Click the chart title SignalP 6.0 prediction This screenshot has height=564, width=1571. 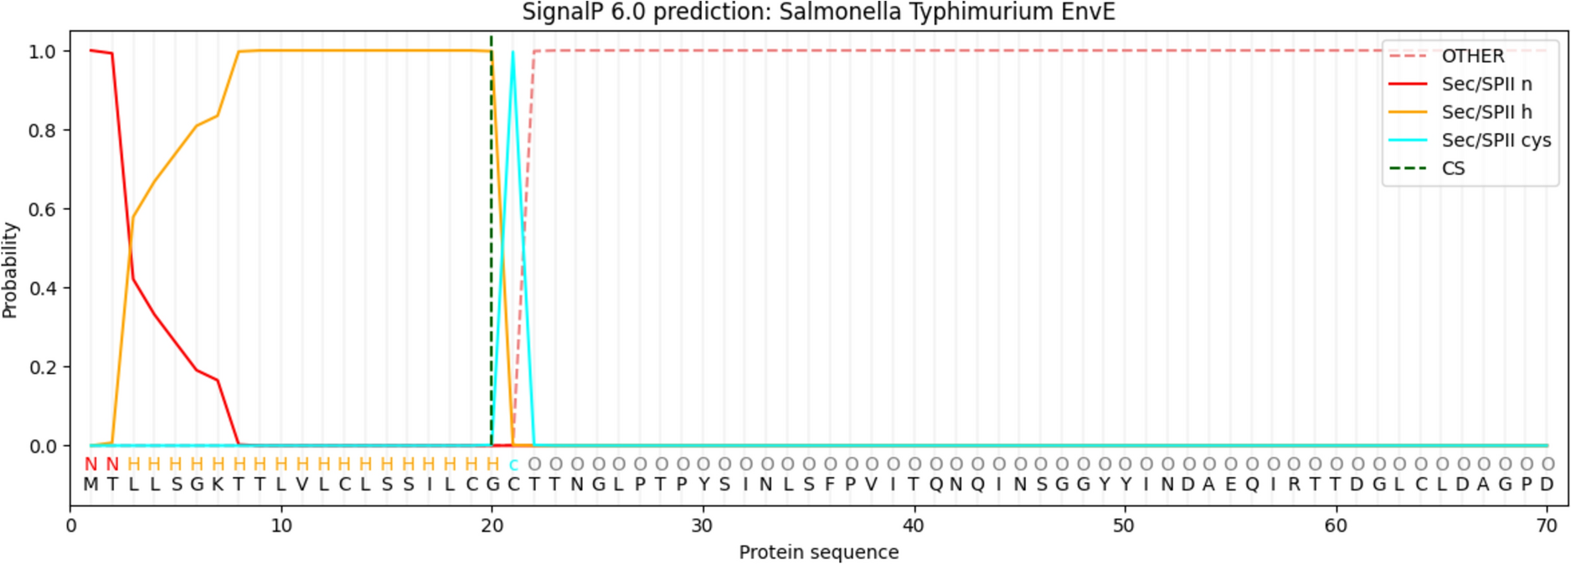pos(818,13)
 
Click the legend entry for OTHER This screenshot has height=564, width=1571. pos(1472,56)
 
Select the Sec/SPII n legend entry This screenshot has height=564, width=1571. pos(1486,84)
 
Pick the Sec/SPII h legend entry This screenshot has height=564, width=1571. pos(1486,112)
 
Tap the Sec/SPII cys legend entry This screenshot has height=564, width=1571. pos(1496,141)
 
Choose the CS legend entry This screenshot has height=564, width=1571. pos(1453,168)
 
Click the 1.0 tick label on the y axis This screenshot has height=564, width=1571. pos(42,52)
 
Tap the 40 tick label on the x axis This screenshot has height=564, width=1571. pos(914,526)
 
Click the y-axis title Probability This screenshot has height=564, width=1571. pos(10,269)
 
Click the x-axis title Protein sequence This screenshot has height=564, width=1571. pos(818,552)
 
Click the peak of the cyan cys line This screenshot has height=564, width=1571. pos(513,53)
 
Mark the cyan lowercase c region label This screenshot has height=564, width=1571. pos(513,464)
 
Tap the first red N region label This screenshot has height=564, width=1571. pos(90,464)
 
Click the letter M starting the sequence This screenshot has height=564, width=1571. pos(90,485)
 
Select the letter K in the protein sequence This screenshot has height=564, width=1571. pos(218,485)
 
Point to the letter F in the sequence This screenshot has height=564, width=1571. pos(829,485)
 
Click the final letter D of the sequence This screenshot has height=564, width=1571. pos(1547,485)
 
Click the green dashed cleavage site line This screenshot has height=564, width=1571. pos(492,251)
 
